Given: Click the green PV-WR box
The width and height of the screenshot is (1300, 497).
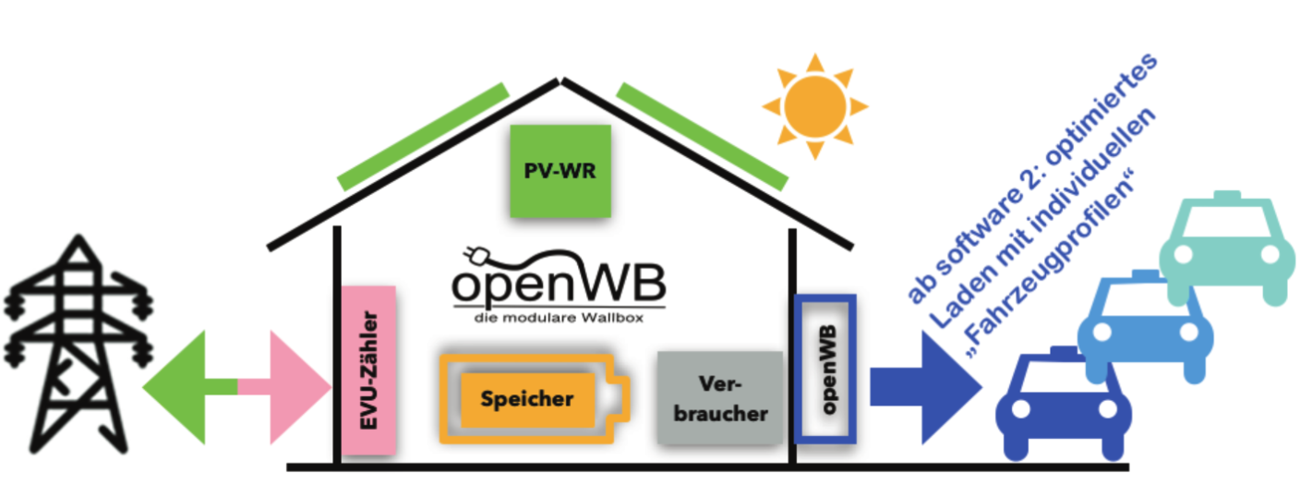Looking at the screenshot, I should tap(560, 171).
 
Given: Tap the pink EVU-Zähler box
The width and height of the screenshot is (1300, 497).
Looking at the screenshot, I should tap(368, 370).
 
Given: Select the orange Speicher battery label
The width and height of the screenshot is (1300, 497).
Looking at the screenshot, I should tap(527, 399).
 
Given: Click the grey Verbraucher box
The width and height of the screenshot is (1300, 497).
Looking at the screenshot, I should tap(720, 397).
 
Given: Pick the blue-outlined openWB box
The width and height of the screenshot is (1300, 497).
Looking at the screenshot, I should tap(825, 369).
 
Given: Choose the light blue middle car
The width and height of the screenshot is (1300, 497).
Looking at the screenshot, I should tap(1144, 323).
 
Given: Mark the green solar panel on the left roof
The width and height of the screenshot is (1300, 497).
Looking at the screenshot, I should tap(423, 136).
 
